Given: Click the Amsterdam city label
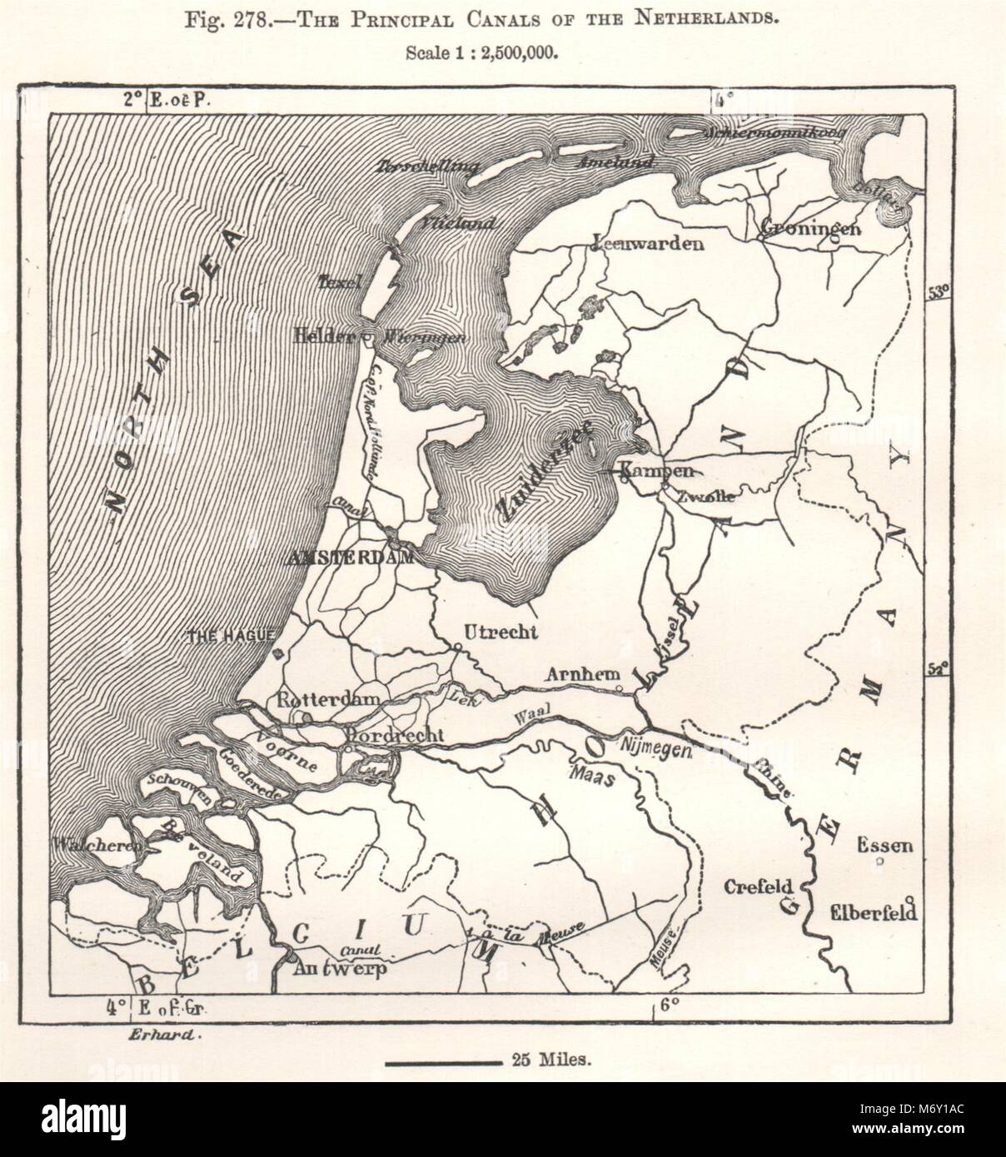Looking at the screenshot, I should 349,559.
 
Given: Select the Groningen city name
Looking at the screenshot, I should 809,227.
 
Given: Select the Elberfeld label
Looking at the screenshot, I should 874,912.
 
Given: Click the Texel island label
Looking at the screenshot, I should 340,283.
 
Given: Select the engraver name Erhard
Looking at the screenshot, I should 165,1035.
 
